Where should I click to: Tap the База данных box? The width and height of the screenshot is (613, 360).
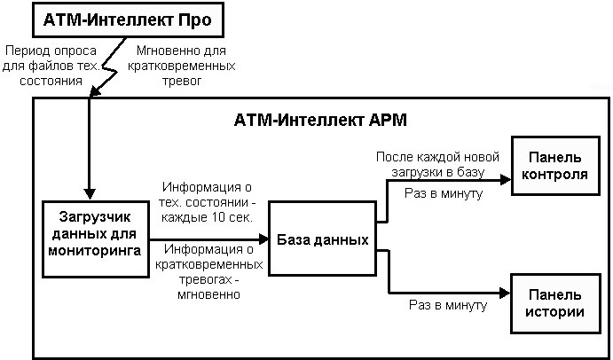pos(319,239)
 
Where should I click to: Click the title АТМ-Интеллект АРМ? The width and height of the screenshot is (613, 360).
pos(320,119)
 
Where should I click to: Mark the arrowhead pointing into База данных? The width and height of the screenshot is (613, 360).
pos(263,239)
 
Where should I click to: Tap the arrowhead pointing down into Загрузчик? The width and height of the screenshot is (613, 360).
pos(90,195)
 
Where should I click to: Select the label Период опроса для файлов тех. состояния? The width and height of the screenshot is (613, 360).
pos(44,66)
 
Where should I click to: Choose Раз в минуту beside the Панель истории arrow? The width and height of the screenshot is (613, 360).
pos(448,305)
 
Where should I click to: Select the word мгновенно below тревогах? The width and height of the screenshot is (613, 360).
pos(209,295)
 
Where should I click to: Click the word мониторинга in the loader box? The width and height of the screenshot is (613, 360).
pos(95,251)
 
